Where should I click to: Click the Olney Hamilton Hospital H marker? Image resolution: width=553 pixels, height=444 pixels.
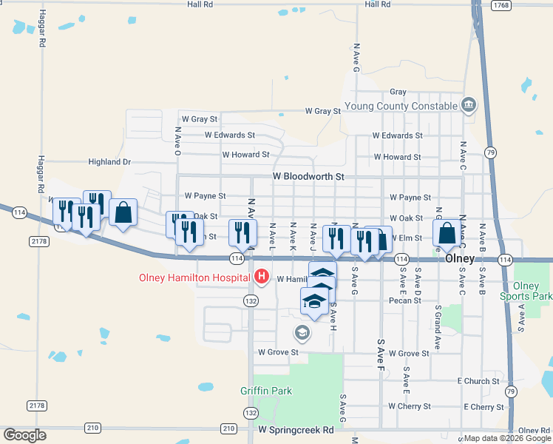[x=261, y=278]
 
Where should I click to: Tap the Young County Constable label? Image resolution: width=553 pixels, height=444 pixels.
[x=407, y=106]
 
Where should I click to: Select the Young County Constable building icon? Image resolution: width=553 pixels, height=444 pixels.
[x=468, y=105]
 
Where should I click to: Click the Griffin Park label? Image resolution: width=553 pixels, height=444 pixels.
[x=266, y=391]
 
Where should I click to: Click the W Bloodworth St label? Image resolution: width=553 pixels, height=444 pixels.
[x=308, y=177]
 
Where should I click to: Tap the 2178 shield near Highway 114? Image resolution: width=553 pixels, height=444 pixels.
[x=38, y=241]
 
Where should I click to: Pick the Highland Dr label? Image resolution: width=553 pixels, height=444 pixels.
[x=109, y=162]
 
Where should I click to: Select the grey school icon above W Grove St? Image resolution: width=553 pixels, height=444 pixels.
[x=302, y=333]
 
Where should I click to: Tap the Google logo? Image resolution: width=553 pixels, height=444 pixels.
[x=24, y=434]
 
